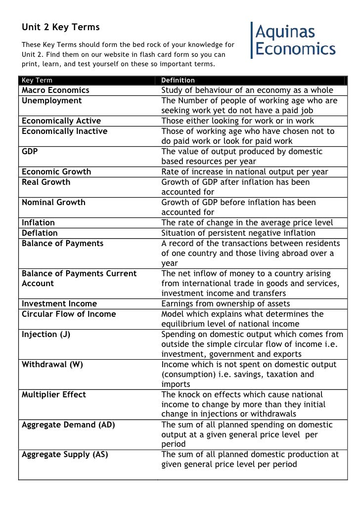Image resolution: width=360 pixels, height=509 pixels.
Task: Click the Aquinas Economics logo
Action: (x=294, y=40)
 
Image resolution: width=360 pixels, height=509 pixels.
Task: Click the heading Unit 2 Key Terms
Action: (x=60, y=27)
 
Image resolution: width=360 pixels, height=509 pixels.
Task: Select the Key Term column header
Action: (x=37, y=80)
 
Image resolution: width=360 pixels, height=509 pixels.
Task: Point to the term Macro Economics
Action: (x=55, y=90)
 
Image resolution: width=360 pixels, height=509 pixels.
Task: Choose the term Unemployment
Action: (x=52, y=101)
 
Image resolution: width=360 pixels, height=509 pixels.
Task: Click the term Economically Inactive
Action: (x=64, y=131)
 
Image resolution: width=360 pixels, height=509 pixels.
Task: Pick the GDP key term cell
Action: (x=30, y=152)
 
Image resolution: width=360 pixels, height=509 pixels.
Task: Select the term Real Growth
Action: (x=46, y=182)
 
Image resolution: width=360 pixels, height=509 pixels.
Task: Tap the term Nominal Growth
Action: (x=53, y=202)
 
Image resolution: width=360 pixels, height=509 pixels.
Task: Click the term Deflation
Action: (x=40, y=233)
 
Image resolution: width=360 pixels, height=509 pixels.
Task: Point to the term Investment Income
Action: (x=59, y=303)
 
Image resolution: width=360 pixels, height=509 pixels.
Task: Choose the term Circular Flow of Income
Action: (x=69, y=314)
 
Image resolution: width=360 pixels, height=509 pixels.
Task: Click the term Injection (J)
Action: (x=46, y=334)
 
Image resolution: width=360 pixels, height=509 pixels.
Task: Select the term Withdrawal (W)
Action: (x=52, y=364)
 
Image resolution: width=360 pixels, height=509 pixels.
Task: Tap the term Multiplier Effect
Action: (x=54, y=394)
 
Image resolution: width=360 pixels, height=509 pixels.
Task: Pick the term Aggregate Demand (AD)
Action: (x=69, y=425)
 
